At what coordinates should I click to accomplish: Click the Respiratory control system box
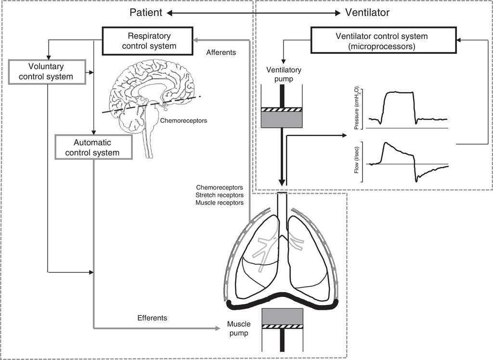[149, 41]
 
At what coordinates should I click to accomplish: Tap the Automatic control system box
[93, 147]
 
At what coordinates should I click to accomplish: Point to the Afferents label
[221, 52]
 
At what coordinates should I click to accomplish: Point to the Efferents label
[152, 318]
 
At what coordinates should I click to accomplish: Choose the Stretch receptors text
[220, 195]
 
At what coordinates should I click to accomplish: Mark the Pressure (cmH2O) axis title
[357, 110]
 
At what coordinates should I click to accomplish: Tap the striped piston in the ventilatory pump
[281, 110]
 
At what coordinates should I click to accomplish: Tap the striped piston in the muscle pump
[282, 326]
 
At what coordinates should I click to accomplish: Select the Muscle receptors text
[220, 203]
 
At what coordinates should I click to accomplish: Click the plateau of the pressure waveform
[399, 92]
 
